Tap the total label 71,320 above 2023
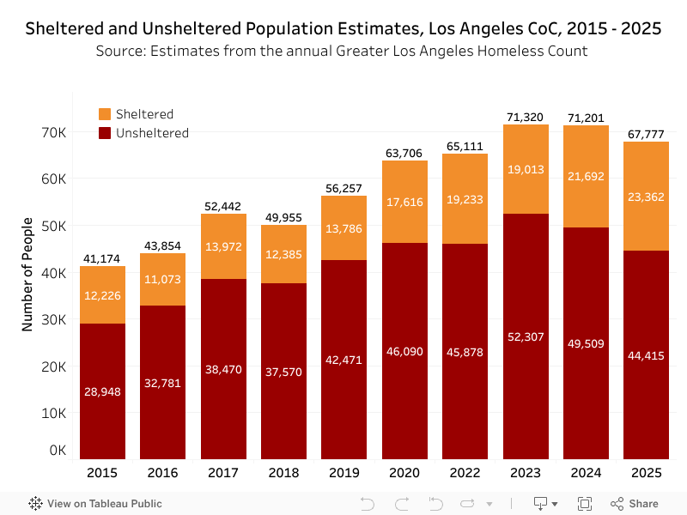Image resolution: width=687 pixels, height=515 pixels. [526, 117]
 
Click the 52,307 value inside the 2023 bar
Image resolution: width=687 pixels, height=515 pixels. [526, 337]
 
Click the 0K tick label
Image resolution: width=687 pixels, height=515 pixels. [58, 450]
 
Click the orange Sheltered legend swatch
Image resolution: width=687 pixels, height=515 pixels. [106, 114]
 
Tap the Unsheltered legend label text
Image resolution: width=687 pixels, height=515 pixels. [152, 133]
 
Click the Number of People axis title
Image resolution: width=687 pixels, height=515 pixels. [27, 275]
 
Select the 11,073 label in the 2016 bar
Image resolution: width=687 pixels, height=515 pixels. [163, 279]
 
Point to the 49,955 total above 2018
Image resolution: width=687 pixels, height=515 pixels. [283, 217]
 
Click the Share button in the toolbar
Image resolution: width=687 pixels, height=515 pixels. [635, 504]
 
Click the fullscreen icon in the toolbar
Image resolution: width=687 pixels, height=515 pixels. [585, 504]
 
